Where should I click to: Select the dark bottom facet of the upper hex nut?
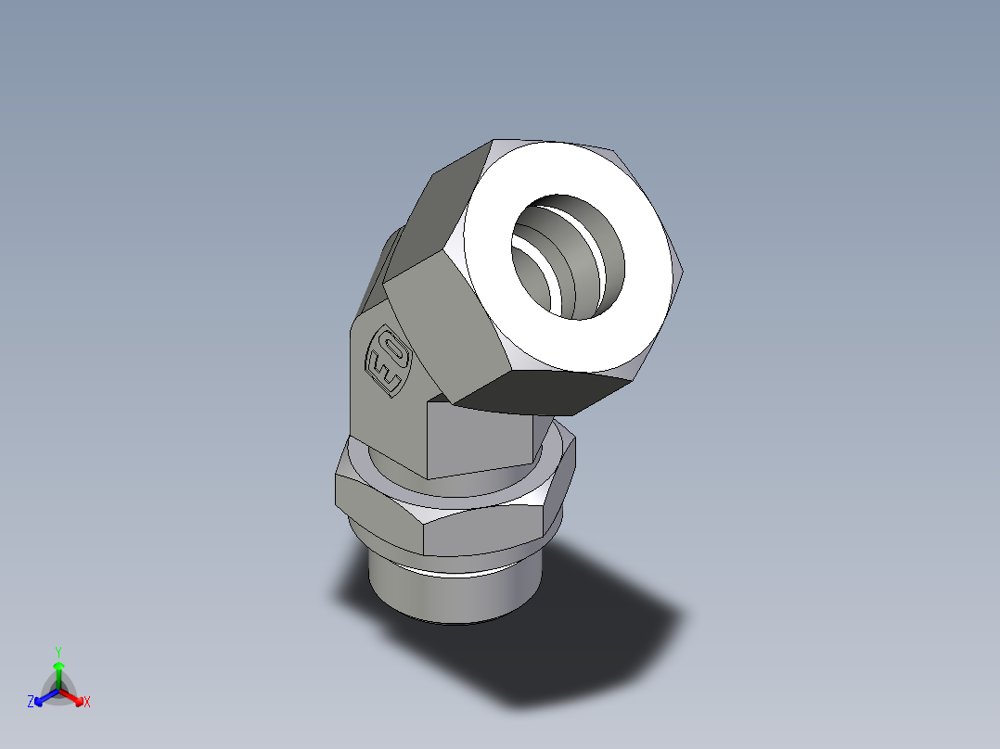[547, 394]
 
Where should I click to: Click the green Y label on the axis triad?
[58, 652]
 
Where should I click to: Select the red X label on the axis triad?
[87, 703]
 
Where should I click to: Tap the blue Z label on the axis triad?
[31, 703]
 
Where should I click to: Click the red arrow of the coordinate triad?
[74, 696]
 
